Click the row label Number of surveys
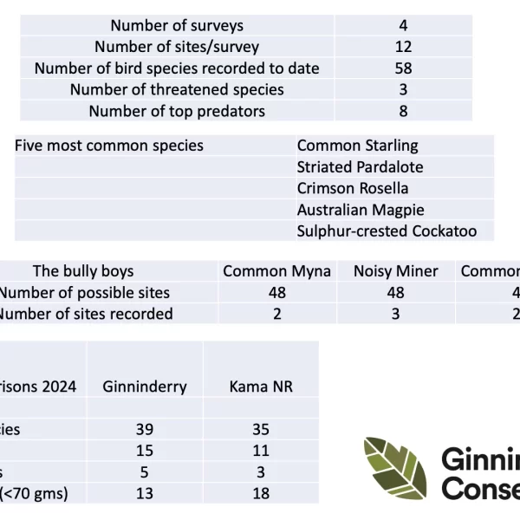click(x=177, y=26)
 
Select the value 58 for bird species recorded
click(x=403, y=68)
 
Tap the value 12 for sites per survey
click(x=403, y=47)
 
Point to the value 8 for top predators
click(x=403, y=111)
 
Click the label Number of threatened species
click(x=177, y=90)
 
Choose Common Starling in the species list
click(x=357, y=146)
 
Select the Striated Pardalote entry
click(x=360, y=167)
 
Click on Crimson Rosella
click(x=353, y=188)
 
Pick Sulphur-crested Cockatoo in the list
click(x=387, y=231)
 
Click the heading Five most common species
click(x=109, y=146)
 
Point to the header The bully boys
click(x=83, y=271)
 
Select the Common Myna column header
click(x=277, y=271)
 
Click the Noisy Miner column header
click(x=396, y=271)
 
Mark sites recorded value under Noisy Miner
click(x=396, y=314)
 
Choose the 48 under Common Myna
click(x=277, y=293)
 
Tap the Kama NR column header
click(x=261, y=387)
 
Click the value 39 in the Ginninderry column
click(x=145, y=429)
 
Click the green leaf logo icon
click(x=395, y=468)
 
